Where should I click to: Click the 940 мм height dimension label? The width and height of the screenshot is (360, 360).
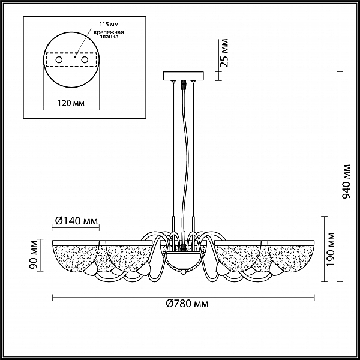click(x=346, y=181)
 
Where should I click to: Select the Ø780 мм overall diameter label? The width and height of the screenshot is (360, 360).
click(x=187, y=304)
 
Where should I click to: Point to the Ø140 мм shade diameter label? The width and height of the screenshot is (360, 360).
click(x=76, y=221)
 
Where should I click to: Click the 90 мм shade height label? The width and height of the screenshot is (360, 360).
click(x=34, y=254)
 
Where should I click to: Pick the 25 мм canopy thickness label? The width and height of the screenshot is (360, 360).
click(x=224, y=53)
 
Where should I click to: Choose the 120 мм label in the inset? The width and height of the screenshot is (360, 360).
click(x=70, y=103)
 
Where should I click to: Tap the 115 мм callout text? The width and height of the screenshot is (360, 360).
click(x=109, y=25)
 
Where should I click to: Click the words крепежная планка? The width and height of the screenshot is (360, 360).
click(x=109, y=34)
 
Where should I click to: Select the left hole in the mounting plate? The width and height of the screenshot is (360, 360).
click(x=59, y=60)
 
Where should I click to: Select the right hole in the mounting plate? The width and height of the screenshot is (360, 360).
click(x=85, y=60)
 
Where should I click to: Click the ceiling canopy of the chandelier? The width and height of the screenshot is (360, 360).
click(x=183, y=76)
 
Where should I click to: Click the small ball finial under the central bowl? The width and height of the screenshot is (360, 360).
click(x=183, y=272)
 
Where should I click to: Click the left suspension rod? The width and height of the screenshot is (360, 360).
click(x=173, y=149)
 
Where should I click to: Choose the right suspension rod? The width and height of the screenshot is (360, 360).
click(x=194, y=149)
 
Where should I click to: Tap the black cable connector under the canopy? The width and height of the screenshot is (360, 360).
click(x=183, y=85)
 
